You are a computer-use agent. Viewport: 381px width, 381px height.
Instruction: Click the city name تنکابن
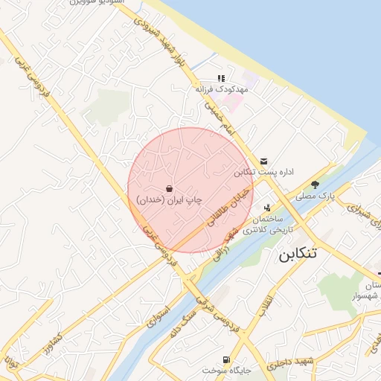pos(297,254)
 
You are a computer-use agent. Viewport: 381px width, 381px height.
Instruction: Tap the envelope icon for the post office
pos(264,161)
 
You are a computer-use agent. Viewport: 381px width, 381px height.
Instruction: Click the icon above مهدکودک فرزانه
pos(220,78)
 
